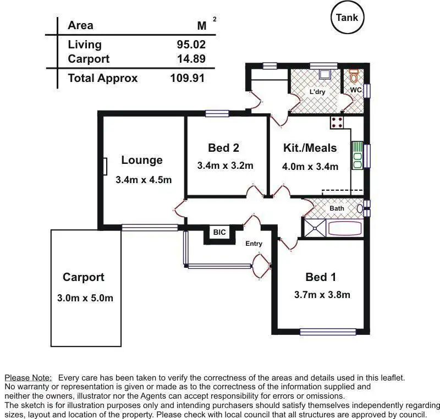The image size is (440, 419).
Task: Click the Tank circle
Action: click(x=347, y=18)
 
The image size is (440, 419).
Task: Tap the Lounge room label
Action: click(x=142, y=160)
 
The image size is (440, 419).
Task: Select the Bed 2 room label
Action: click(x=223, y=147)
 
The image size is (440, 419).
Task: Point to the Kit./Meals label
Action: click(x=310, y=147)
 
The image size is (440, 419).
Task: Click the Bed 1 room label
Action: click(x=321, y=277)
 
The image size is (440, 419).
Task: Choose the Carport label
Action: click(x=84, y=277)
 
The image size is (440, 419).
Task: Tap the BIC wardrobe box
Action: click(x=219, y=233)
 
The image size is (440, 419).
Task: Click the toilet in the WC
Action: click(x=354, y=74)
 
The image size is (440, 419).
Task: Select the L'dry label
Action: click(x=317, y=92)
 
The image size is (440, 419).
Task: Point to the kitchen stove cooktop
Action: click(x=337, y=123)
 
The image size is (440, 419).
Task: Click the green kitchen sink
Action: click(x=357, y=156)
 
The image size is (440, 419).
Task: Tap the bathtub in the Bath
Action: click(x=343, y=228)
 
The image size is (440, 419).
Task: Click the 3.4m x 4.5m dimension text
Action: click(x=144, y=180)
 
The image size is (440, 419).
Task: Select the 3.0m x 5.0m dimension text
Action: click(x=85, y=298)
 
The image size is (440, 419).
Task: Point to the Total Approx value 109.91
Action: click(x=187, y=78)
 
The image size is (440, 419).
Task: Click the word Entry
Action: click(x=254, y=244)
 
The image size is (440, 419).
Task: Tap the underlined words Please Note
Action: click(x=29, y=378)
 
